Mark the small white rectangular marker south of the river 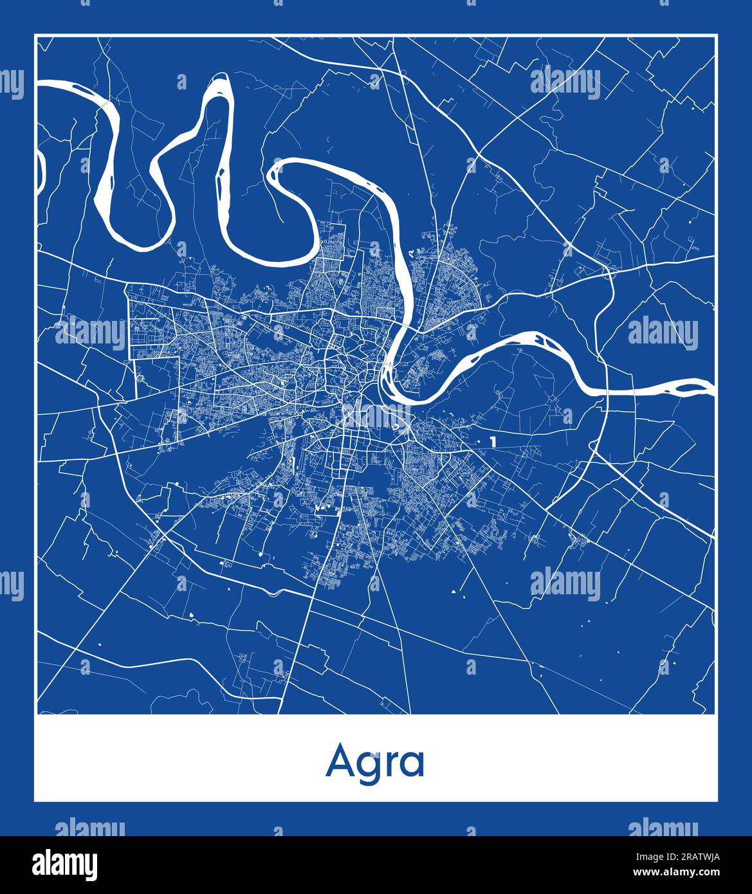click(x=492, y=442)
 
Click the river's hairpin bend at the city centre click(x=387, y=379)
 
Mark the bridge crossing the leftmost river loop click(x=103, y=103)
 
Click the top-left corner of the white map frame click(x=35, y=35)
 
